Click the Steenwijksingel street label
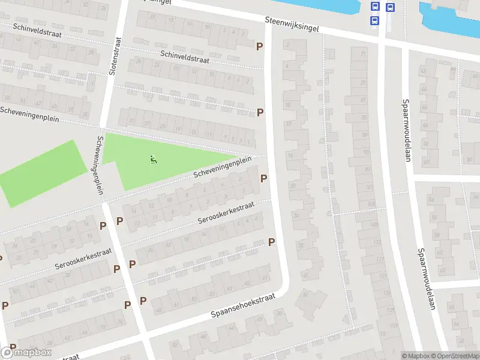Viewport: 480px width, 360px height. tap(292, 24)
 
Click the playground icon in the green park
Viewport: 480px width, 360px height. tap(153, 160)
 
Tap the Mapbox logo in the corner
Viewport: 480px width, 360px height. tap(26, 353)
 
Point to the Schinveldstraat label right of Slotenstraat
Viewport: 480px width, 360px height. tap(186, 57)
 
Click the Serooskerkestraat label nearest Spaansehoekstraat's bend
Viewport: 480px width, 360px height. tap(226, 213)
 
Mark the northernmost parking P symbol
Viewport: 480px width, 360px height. tap(260, 46)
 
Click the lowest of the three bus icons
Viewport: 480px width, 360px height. tap(375, 20)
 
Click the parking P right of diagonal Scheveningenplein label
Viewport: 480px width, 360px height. tap(263, 178)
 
